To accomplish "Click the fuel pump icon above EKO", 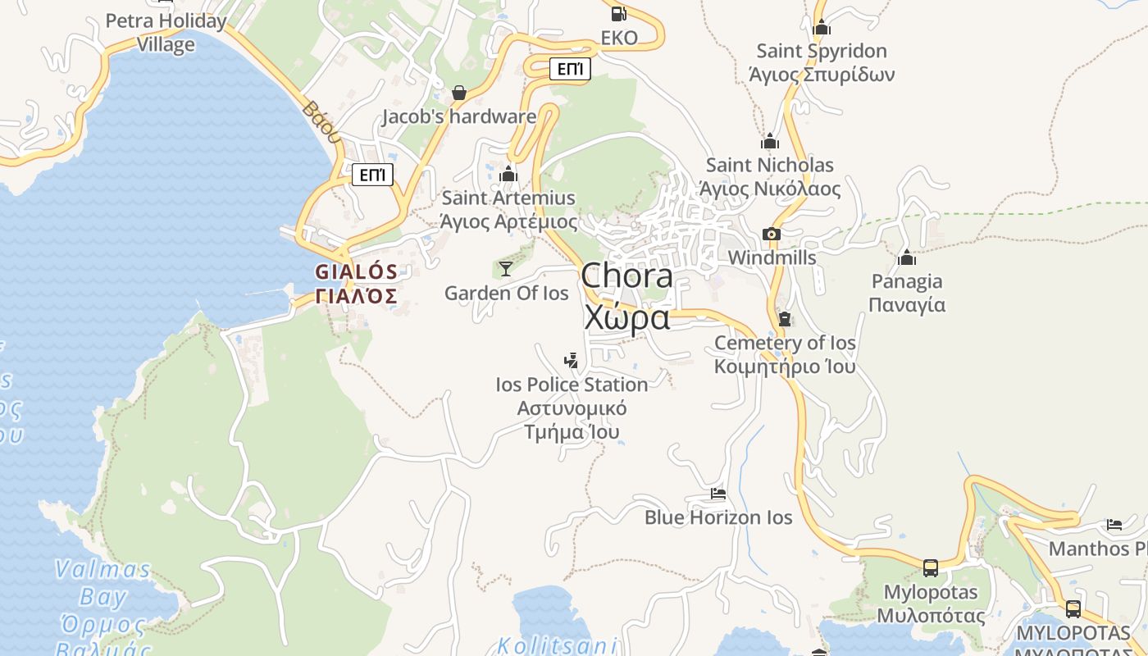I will (619, 13).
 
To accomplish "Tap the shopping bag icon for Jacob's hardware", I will (459, 93).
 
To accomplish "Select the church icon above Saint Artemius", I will (508, 174).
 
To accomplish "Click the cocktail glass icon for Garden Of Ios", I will (506, 268).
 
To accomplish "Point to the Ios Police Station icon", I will (572, 360).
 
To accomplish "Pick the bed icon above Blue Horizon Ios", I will (718, 494).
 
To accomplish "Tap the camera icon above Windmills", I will (771, 234).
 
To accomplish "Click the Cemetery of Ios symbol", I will (785, 319).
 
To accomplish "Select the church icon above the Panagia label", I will (907, 257).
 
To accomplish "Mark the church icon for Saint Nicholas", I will (769, 141).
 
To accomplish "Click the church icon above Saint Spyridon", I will (822, 27).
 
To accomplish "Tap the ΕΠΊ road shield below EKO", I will (570, 69).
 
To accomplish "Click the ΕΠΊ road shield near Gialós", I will (372, 175).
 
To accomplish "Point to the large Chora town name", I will (627, 276).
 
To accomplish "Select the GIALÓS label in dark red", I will (357, 271).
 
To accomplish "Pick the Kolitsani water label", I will (558, 645).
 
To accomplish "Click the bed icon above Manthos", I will (1114, 525).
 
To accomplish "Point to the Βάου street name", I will (321, 121).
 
